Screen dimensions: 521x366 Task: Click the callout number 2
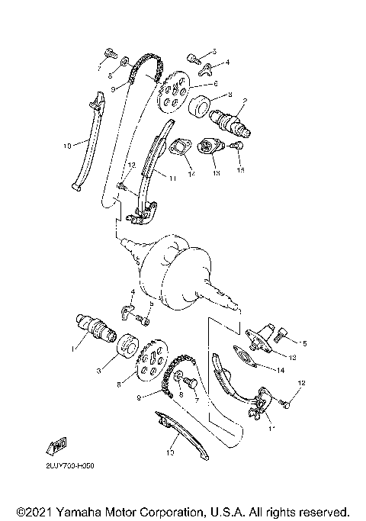[245, 99]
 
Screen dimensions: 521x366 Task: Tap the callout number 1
[72, 348]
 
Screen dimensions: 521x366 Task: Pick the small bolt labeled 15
[236, 145]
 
